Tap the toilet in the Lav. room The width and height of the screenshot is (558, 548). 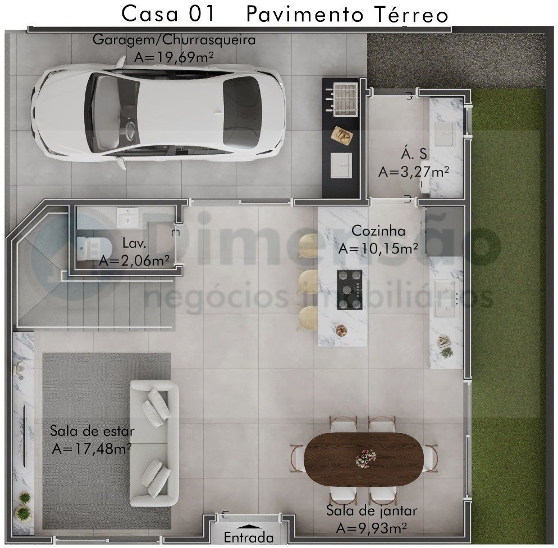(93, 248)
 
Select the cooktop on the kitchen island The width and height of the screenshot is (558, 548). (350, 289)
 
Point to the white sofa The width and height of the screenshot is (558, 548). (154, 443)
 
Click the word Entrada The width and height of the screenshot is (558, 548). (249, 537)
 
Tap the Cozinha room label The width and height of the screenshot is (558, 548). (378, 231)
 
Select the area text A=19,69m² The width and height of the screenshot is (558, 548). (173, 57)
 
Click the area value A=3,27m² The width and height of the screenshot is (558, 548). (414, 172)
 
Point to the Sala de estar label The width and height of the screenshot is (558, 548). (92, 431)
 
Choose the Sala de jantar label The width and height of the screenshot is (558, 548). (372, 511)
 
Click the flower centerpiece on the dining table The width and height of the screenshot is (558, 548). (365, 458)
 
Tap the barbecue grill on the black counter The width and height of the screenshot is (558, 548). (346, 99)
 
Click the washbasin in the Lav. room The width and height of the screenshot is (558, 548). (127, 218)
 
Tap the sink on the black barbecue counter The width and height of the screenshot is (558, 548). (341, 165)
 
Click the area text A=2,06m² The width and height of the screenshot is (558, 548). (134, 261)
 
